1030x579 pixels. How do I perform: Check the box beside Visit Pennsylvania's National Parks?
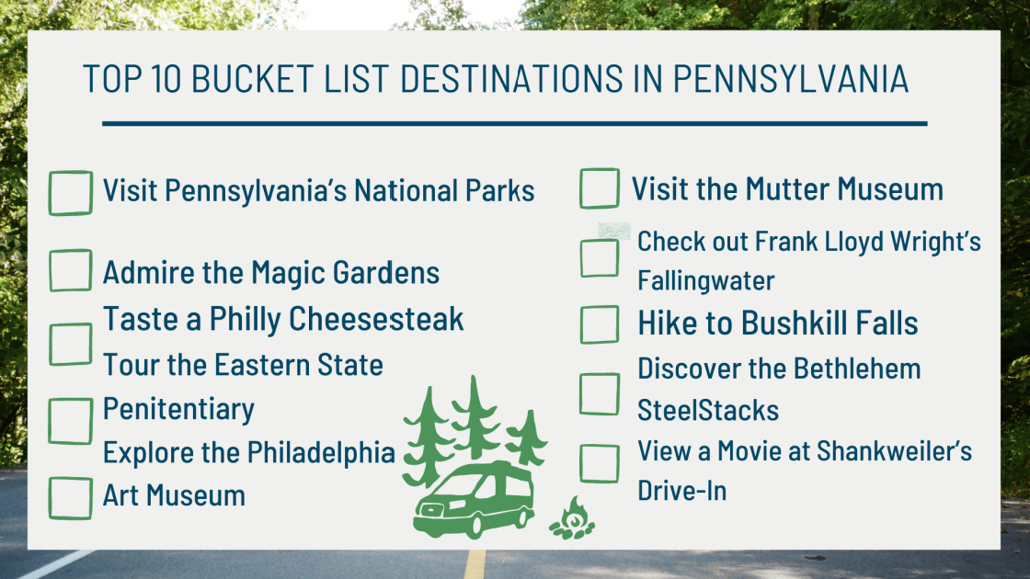coord(70,193)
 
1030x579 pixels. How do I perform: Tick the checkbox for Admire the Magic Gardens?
coord(70,270)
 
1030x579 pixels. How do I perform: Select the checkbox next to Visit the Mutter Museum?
coord(600,188)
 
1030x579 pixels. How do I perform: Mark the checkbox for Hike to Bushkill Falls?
coord(600,324)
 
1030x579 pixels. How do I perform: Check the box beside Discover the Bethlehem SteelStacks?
coord(600,393)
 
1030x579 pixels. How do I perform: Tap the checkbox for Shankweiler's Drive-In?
coord(600,463)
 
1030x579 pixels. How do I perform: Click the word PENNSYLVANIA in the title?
coord(791,80)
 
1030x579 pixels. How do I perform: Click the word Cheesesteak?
coord(377,319)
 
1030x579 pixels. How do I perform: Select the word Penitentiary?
coord(178,407)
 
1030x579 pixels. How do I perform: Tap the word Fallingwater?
coord(706,280)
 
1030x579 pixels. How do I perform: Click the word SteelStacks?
coord(708,410)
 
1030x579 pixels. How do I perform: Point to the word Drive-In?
coord(682,491)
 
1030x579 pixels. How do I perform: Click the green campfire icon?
coord(571,520)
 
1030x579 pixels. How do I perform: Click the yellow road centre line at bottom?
coord(475,563)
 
